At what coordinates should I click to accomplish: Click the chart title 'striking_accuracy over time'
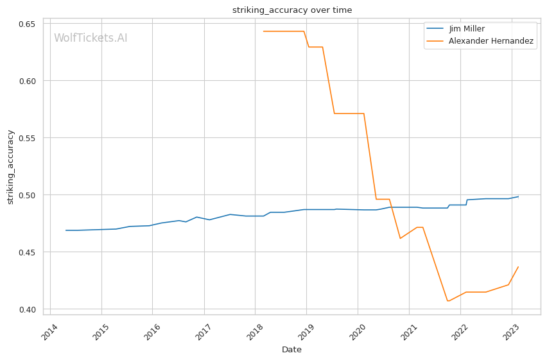292,10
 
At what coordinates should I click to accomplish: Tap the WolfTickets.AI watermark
91,39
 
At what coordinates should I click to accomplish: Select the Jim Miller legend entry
467,29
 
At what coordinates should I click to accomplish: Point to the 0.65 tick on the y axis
26,24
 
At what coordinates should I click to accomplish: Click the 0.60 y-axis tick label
26,81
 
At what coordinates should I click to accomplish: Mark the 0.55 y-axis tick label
26,139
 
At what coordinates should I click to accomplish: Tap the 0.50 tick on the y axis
26,196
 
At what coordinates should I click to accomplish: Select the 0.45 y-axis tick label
26,253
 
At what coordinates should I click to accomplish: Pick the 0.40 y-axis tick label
26,310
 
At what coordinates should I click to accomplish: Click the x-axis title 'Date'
291,350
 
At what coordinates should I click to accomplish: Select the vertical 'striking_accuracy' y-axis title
10,167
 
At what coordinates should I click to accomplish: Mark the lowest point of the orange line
447,301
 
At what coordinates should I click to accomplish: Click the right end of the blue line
519,196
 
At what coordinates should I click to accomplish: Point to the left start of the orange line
263,31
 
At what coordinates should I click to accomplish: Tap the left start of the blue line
65,230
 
